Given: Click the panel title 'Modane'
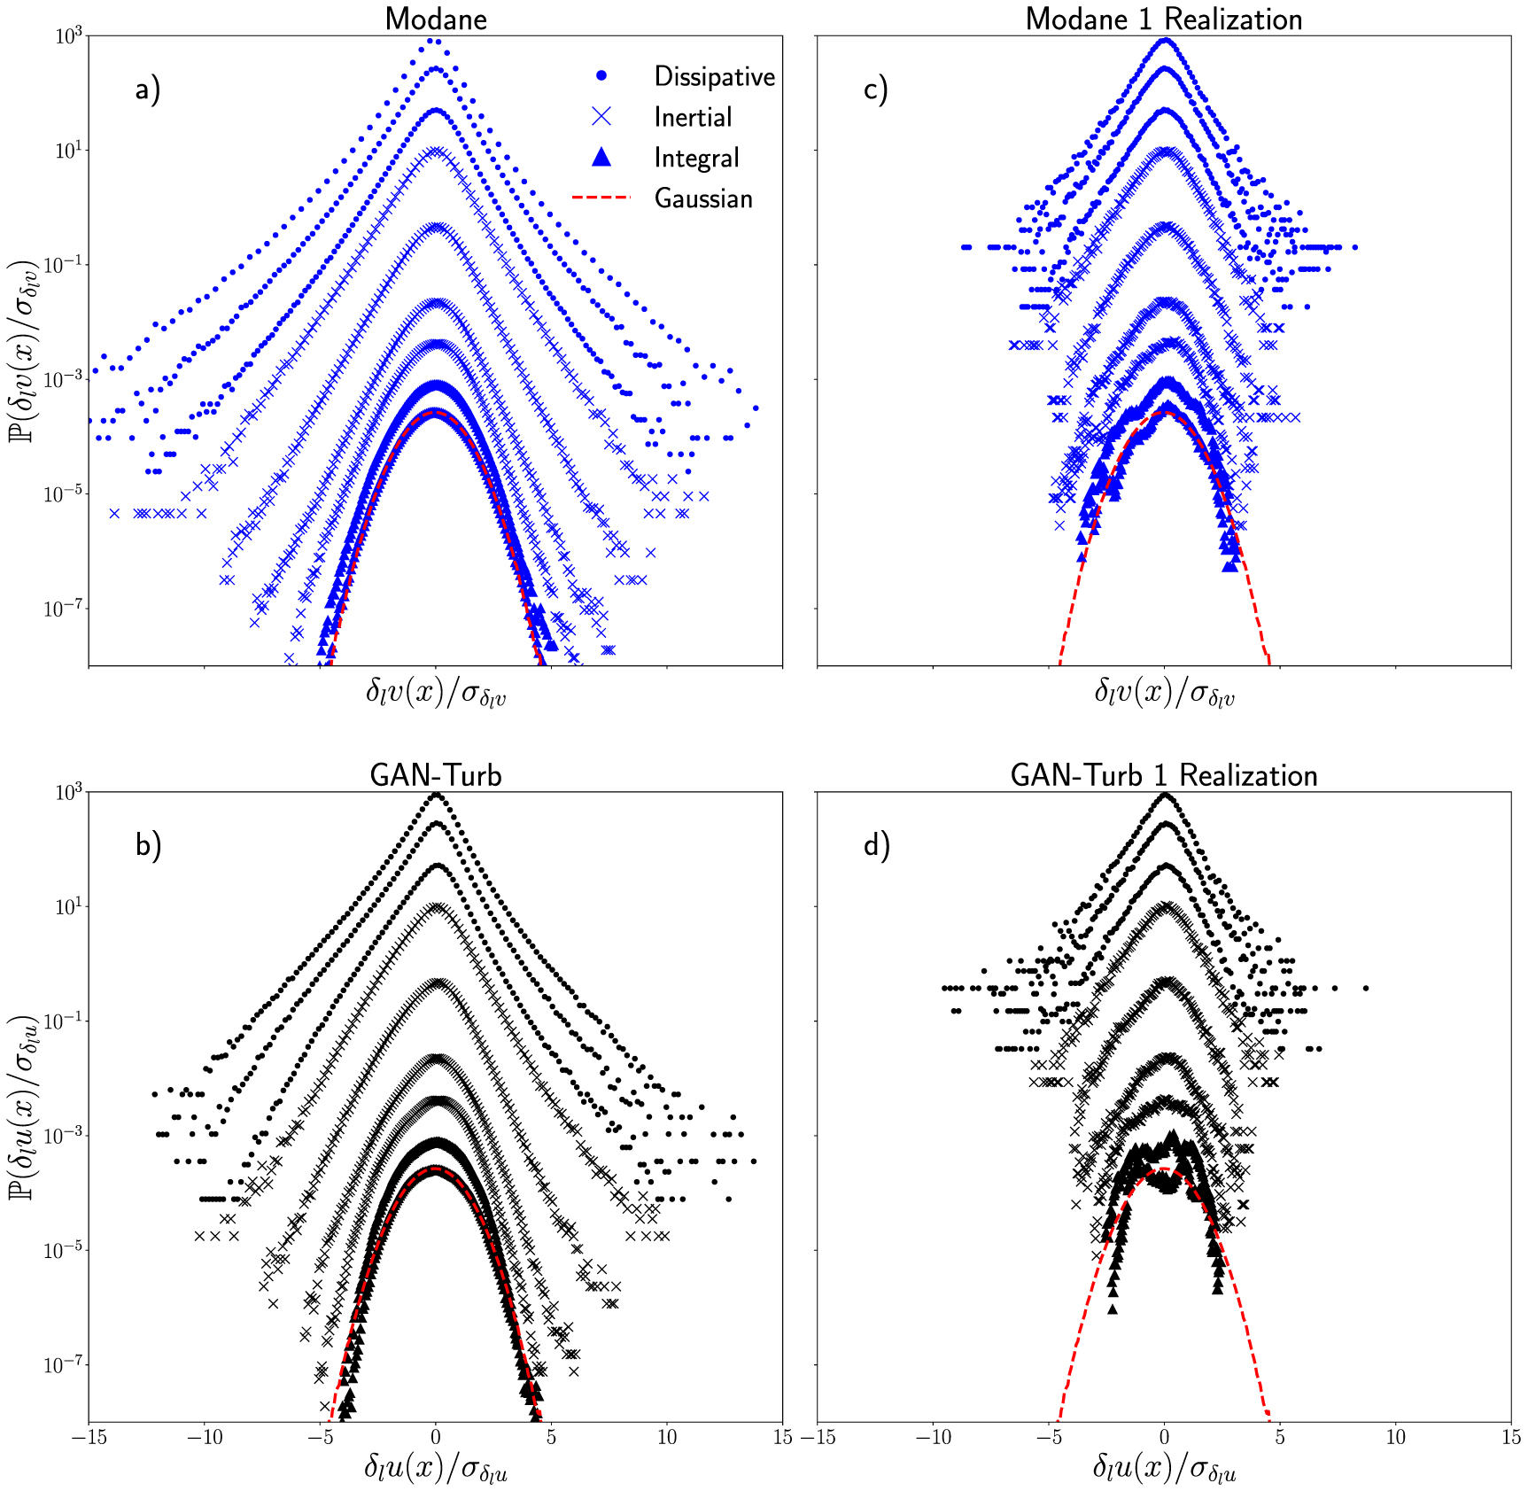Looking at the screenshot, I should [435, 19].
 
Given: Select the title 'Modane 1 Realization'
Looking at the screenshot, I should [1163, 19].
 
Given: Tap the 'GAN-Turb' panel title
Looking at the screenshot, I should [435, 775].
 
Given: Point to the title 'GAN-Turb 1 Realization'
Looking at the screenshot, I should [1163, 775].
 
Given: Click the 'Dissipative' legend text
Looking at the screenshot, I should [714, 77].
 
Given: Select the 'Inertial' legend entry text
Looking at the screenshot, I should [693, 117].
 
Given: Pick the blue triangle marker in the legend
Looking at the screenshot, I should [601, 157].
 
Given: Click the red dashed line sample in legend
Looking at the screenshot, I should [601, 197].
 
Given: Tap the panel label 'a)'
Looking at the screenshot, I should [148, 89].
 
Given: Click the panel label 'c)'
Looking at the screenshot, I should [875, 89].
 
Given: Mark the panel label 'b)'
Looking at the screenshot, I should [148, 845].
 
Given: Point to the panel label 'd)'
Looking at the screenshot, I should [876, 845].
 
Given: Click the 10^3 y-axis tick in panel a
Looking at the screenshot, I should [68, 35].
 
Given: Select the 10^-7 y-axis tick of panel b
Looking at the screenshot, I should [64, 1364].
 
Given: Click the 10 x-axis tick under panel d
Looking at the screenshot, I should [1395, 1438].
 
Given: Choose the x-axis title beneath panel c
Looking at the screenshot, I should [1163, 693].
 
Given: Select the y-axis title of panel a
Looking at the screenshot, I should [25, 352].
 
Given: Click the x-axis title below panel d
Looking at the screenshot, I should [1163, 1469].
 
